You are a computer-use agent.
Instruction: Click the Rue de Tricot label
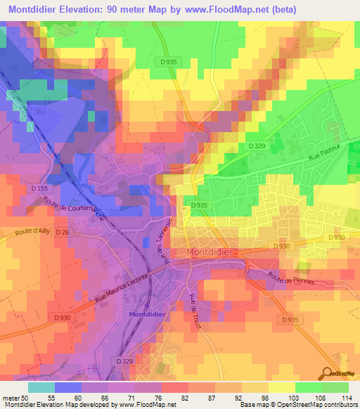tap(194, 309)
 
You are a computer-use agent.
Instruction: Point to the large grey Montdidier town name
tap(214, 252)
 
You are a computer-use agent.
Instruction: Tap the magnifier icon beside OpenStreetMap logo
tap(328, 375)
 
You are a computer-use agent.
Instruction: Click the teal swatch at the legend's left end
tap(41, 387)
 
